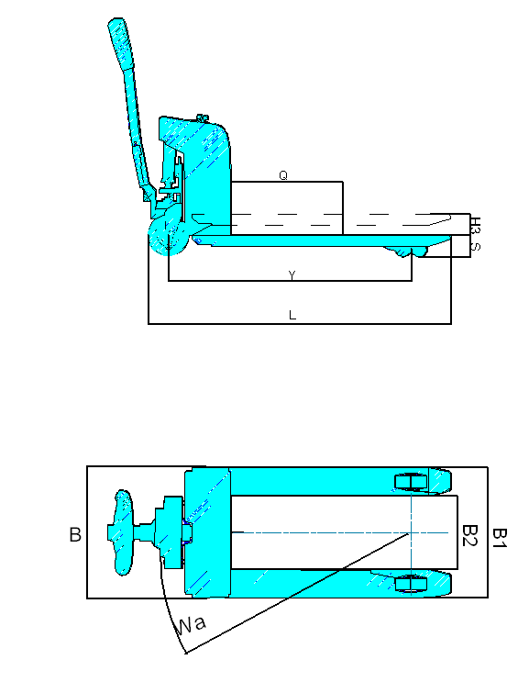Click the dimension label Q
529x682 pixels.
coord(283,175)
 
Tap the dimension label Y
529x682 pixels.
coord(292,274)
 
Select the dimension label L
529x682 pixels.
coord(292,315)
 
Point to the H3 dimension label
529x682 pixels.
coord(476,225)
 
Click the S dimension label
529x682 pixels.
coord(476,247)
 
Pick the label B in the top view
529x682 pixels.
coord(75,534)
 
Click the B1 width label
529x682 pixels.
coord(500,538)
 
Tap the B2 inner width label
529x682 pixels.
coord(470,535)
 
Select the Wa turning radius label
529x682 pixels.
coord(190,625)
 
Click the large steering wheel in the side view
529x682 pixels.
coord(169,237)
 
